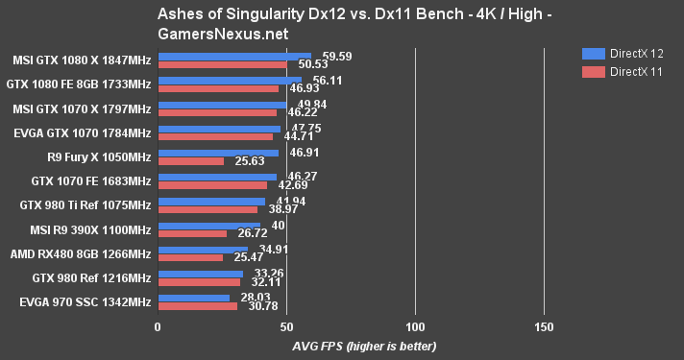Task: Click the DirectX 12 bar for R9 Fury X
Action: coord(218,153)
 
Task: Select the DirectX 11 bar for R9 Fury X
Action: coord(190,161)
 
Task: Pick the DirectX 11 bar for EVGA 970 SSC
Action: coord(197,306)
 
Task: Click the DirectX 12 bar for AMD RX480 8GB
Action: coord(203,250)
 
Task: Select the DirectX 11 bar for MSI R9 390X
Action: coord(192,233)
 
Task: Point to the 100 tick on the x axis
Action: coord(415,327)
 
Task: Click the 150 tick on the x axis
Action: coord(544,327)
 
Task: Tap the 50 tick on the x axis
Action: coord(286,327)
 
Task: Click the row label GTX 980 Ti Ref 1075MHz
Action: coord(85,205)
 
